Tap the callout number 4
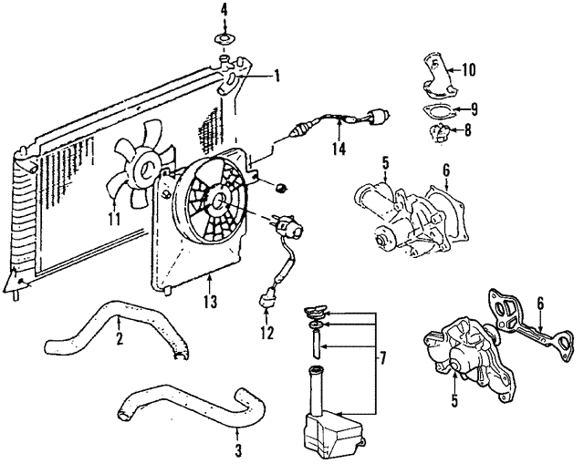(224, 11)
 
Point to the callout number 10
(470, 68)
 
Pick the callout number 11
(113, 218)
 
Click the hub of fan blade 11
(144, 169)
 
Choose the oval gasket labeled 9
(437, 112)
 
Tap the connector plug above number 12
(267, 295)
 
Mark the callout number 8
(468, 129)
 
